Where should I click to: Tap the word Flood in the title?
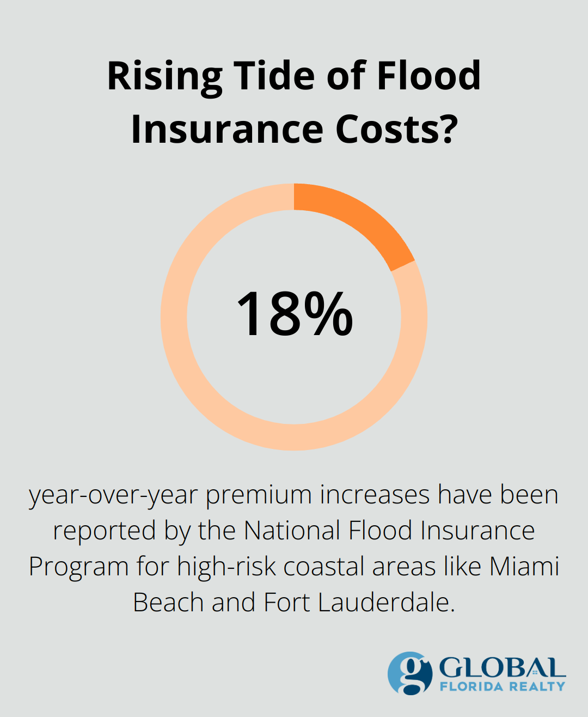coord(428,76)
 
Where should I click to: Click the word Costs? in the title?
coord(396,129)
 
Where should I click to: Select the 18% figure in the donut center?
coord(294,314)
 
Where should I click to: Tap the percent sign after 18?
coord(328,314)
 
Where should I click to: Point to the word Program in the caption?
coord(78,567)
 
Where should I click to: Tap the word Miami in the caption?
coord(524,567)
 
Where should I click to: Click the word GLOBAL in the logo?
coord(502,667)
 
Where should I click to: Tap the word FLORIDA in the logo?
coord(471,686)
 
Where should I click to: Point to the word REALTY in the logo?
coord(537,686)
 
